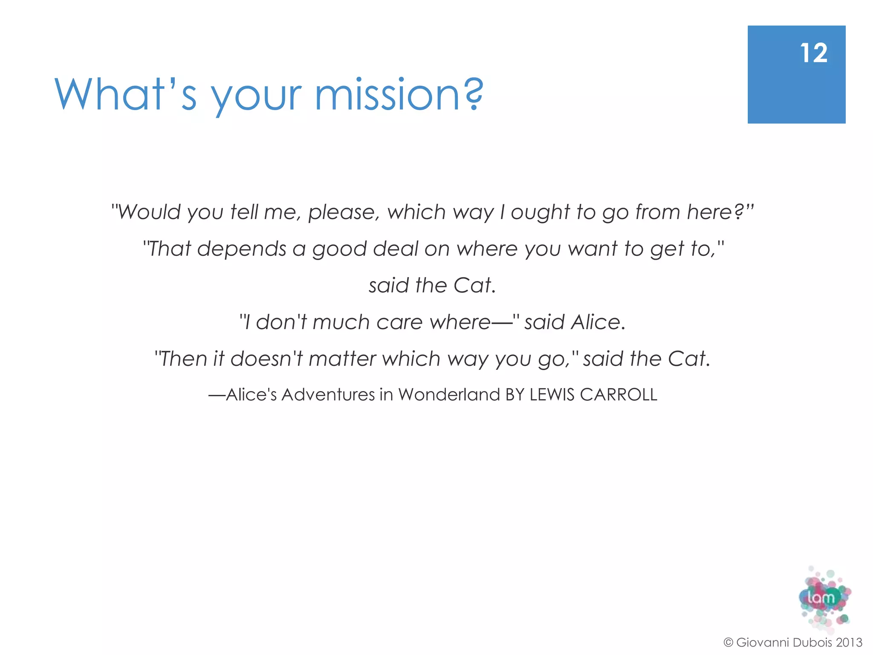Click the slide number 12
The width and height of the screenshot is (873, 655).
(x=814, y=53)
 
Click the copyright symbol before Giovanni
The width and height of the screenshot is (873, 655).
(x=728, y=642)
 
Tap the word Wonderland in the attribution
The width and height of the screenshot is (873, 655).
(x=449, y=394)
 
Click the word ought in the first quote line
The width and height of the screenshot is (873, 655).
(x=540, y=212)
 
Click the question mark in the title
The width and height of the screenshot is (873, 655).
(x=473, y=94)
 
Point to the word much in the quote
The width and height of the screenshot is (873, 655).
(x=341, y=322)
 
